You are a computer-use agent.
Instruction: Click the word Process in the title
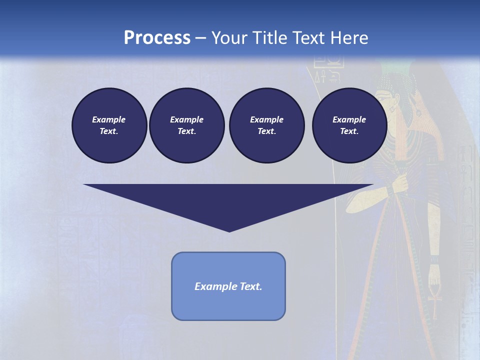pyautogui.click(x=157, y=37)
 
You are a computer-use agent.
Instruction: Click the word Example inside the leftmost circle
pyautogui.click(x=109, y=119)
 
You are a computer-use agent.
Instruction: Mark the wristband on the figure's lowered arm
pyautogui.click(x=433, y=260)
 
